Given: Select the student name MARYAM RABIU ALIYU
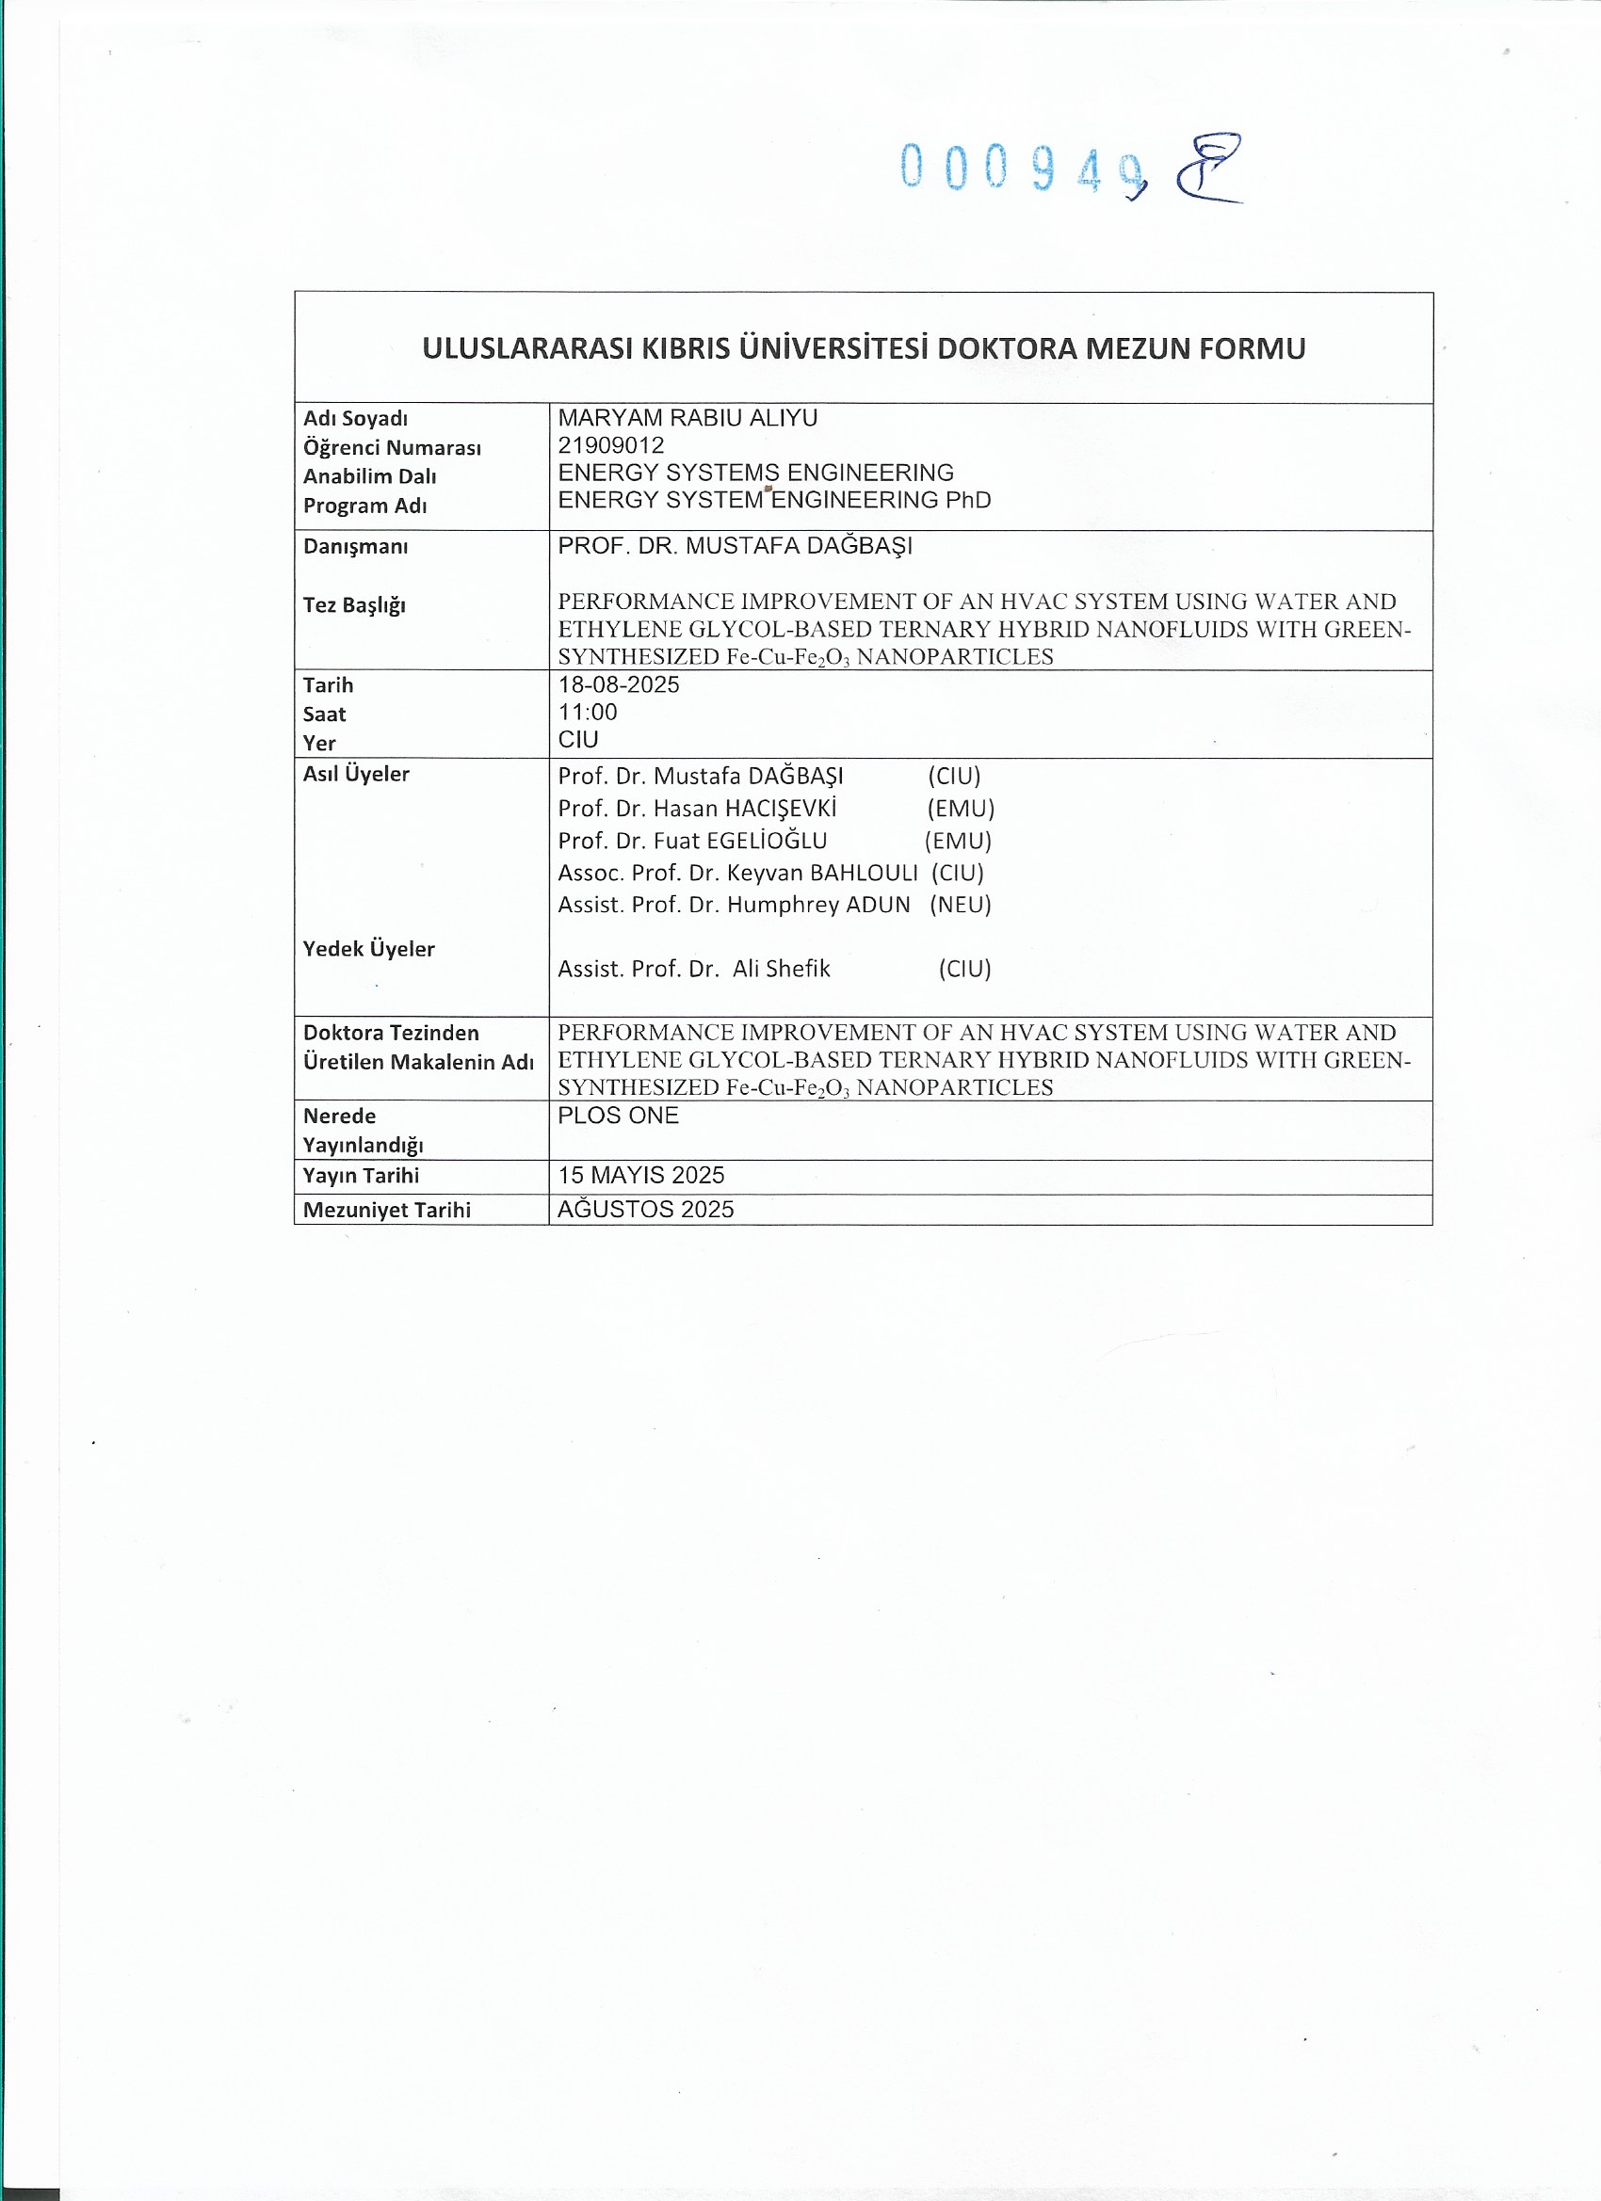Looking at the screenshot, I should click(x=687, y=418).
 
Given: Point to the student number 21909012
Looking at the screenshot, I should click(x=610, y=445).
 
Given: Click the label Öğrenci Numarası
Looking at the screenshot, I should click(x=391, y=447).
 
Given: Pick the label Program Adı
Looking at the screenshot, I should click(x=364, y=506).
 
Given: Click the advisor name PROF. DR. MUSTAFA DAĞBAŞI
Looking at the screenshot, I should click(x=734, y=546).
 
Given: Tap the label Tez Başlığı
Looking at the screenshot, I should click(x=353, y=605).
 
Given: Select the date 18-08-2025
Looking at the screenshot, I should click(x=619, y=685).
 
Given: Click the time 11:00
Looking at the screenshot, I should click(x=588, y=713).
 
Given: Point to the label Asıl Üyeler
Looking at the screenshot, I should click(x=355, y=775).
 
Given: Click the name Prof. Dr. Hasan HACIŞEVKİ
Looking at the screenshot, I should click(x=696, y=809).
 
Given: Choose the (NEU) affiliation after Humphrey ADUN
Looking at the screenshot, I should click(x=961, y=905).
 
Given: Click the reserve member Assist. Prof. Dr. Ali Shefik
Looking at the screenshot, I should click(x=693, y=969).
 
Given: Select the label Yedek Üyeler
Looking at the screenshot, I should click(x=368, y=949).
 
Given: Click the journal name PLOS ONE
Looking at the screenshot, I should click(x=618, y=1116).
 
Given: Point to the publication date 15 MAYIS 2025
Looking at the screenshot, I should click(x=640, y=1175).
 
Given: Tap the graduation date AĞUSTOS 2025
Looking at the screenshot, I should click(x=646, y=1209).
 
